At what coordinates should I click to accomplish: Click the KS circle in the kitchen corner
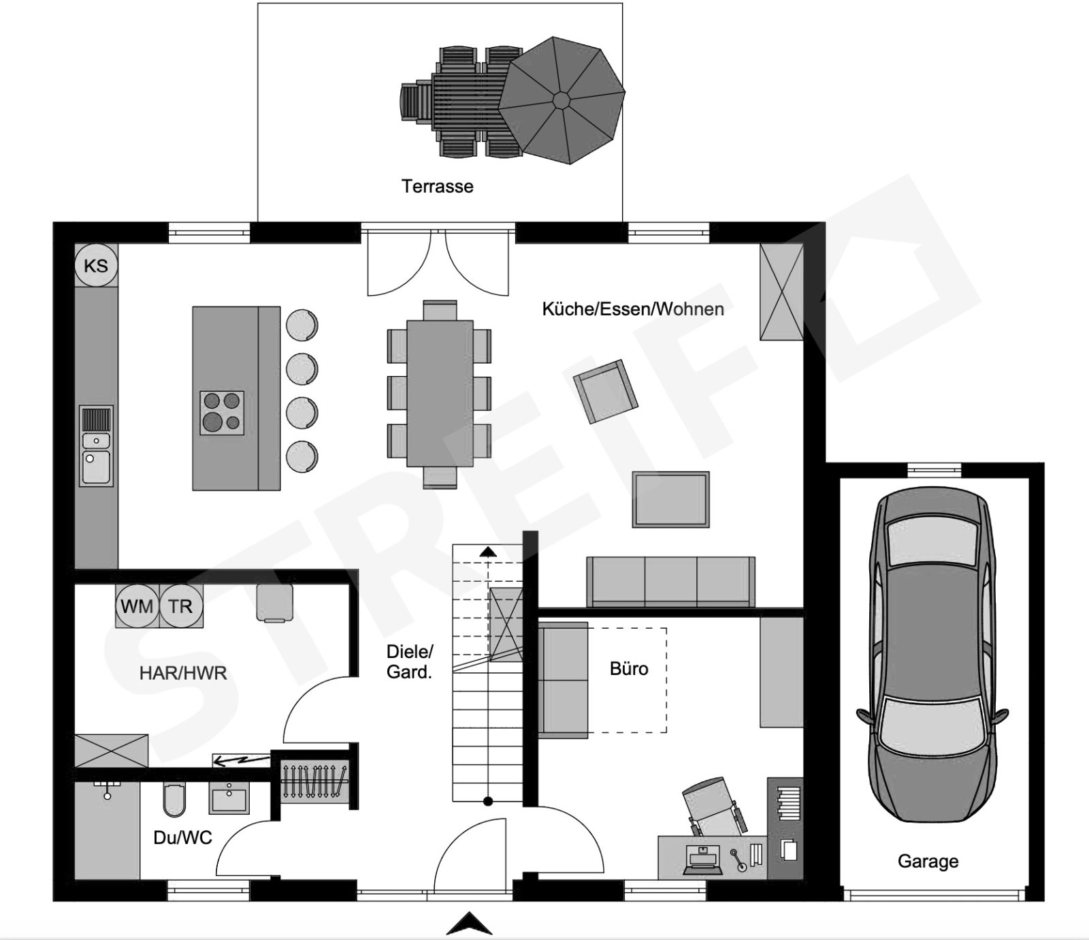96,266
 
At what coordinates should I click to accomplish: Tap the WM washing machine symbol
137,606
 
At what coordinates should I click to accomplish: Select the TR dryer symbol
181,606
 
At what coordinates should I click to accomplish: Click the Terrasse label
437,186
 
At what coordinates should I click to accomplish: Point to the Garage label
928,862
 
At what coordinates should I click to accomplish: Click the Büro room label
629,669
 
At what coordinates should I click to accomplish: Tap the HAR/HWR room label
183,674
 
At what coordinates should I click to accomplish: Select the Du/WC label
182,838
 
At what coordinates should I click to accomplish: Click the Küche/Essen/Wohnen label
633,309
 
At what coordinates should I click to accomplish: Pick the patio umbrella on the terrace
562,101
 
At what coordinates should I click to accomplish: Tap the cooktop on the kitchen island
222,413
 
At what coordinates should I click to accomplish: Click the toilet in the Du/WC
174,800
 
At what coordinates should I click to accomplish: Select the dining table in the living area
440,394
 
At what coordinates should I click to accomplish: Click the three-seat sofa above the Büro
670,582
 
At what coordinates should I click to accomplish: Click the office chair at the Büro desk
713,807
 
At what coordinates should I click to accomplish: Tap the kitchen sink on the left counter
97,446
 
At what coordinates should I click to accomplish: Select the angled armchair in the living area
605,392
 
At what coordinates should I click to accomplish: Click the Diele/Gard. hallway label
410,662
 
